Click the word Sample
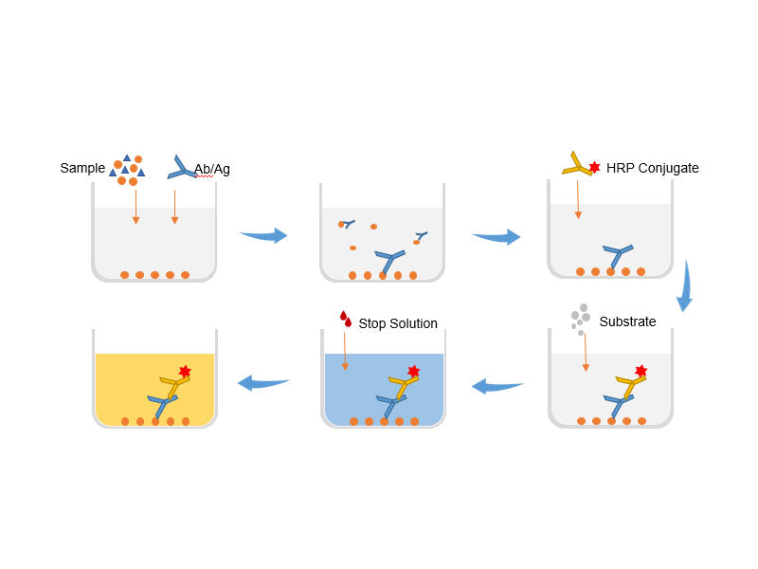click(82, 169)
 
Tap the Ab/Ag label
click(211, 169)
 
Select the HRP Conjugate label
click(652, 168)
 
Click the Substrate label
click(627, 321)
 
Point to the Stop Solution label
click(398, 323)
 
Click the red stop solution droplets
click(346, 319)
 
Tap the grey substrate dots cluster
click(580, 319)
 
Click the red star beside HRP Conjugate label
click(595, 167)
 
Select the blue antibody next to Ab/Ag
click(181, 168)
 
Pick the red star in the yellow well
click(185, 371)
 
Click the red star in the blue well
click(413, 371)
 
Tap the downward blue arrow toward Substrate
click(685, 286)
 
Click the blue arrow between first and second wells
click(264, 235)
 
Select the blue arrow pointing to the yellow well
click(263, 383)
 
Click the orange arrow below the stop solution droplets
click(345, 351)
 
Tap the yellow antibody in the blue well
click(404, 386)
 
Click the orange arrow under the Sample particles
click(135, 207)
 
